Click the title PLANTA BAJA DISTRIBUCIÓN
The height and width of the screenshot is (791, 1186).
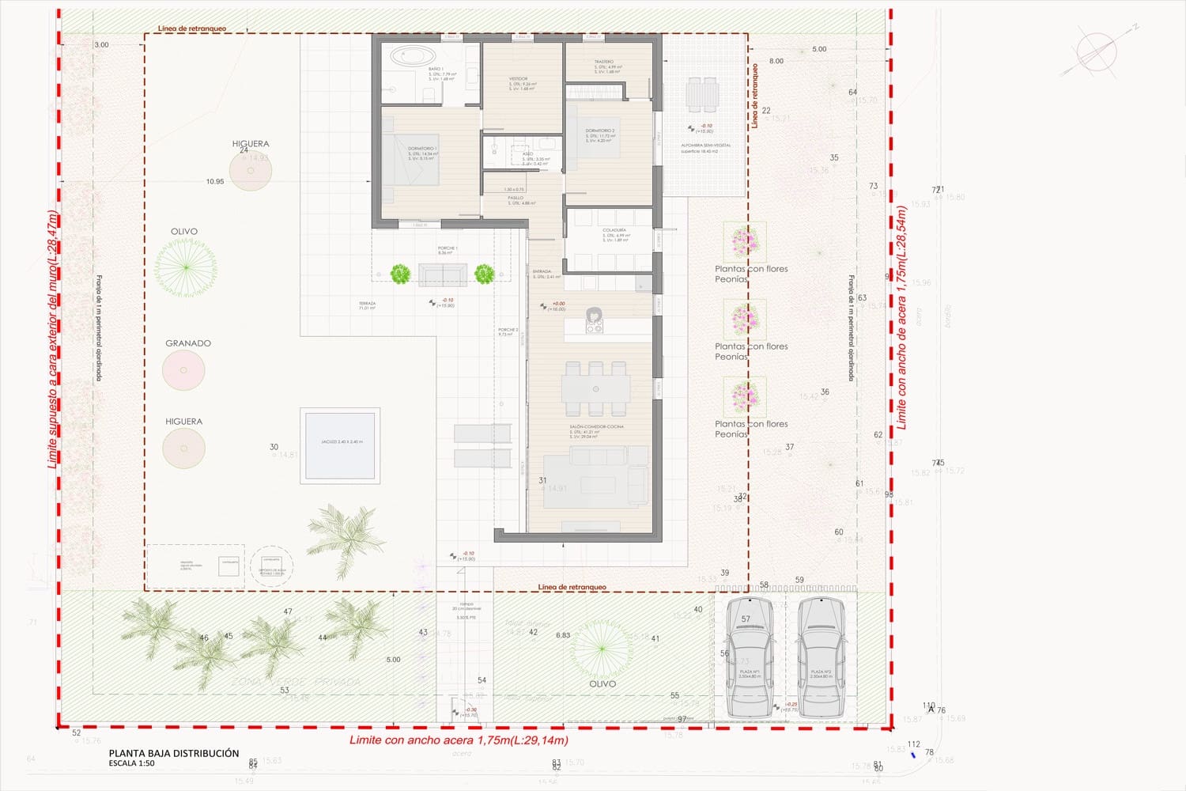pyautogui.click(x=174, y=753)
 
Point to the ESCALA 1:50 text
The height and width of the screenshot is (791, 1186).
pyautogui.click(x=132, y=763)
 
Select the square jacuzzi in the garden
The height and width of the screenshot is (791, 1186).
pyautogui.click(x=340, y=446)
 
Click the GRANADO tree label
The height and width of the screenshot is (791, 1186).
pyautogui.click(x=188, y=343)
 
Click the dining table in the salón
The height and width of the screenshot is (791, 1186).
pyautogui.click(x=595, y=388)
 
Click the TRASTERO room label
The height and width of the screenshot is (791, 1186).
pyautogui.click(x=604, y=62)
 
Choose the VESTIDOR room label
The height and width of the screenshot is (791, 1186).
pyautogui.click(x=518, y=79)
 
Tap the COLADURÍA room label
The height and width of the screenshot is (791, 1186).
pyautogui.click(x=614, y=230)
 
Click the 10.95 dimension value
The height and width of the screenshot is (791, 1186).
pyautogui.click(x=215, y=182)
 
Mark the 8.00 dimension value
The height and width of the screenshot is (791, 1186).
pyautogui.click(x=776, y=61)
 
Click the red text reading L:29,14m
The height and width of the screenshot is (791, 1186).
pyautogui.click(x=538, y=740)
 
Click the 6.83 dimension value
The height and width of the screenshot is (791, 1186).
pyautogui.click(x=563, y=635)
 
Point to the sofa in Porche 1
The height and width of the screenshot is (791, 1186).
pyautogui.click(x=443, y=274)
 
